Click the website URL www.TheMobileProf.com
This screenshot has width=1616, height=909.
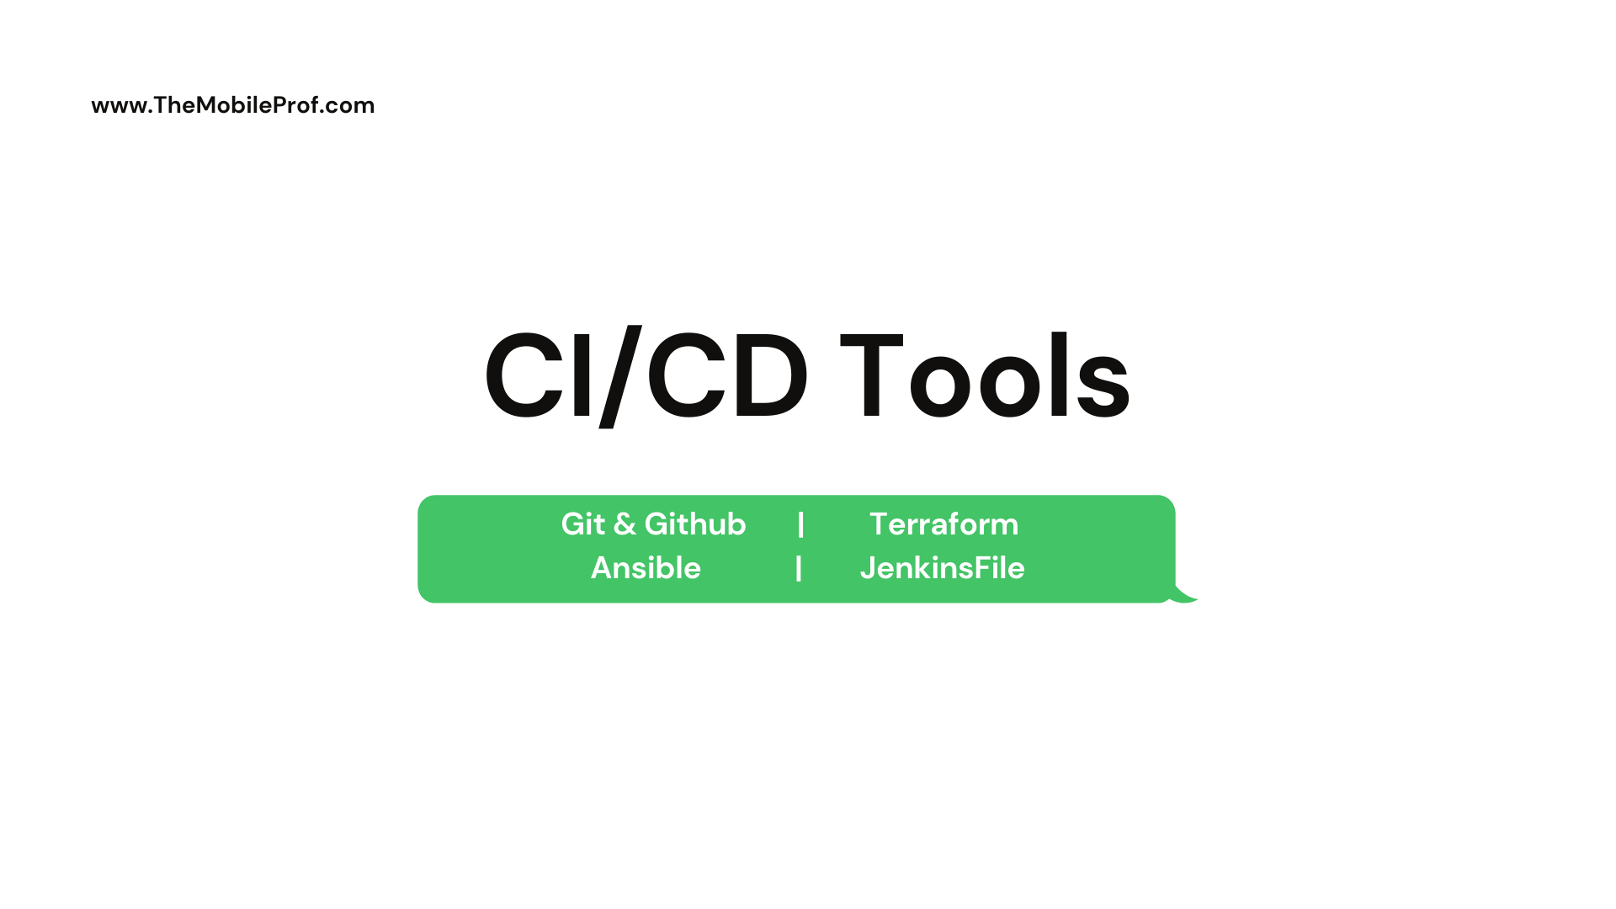pyautogui.click(x=233, y=105)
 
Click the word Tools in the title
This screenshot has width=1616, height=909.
pyautogui.click(x=985, y=375)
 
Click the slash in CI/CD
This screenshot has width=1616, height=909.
pyautogui.click(x=621, y=376)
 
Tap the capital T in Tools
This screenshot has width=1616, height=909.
pyautogui.click(x=871, y=376)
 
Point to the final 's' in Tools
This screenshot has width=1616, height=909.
pyautogui.click(x=1103, y=387)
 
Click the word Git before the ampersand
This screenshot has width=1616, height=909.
pyautogui.click(x=583, y=524)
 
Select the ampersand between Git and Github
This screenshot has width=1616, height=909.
pyautogui.click(x=625, y=524)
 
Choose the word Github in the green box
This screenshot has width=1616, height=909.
pyautogui.click(x=695, y=524)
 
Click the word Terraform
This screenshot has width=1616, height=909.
pyautogui.click(x=944, y=524)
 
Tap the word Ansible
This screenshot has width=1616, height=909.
pyautogui.click(x=646, y=568)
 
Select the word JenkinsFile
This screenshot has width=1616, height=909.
pyautogui.click(x=943, y=568)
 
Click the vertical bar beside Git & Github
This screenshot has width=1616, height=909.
pyautogui.click(x=801, y=524)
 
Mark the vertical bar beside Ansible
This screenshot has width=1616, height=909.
pyautogui.click(x=799, y=568)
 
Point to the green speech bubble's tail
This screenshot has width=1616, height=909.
pyautogui.click(x=1184, y=594)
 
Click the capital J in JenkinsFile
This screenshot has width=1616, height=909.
pyautogui.click(x=867, y=569)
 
